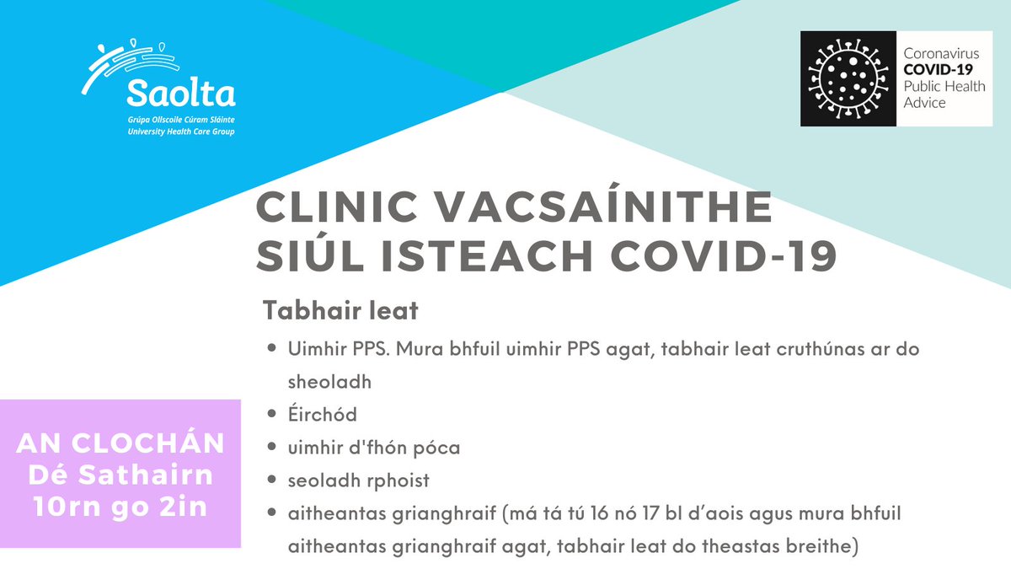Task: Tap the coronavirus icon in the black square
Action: coord(848,79)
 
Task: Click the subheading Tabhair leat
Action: coord(340,310)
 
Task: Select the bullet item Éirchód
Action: coord(322,414)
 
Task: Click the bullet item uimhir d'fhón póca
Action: coord(370,447)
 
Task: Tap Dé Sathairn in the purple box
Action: coord(120,477)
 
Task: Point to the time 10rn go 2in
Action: coord(120,508)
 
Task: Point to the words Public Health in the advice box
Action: coord(941,87)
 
